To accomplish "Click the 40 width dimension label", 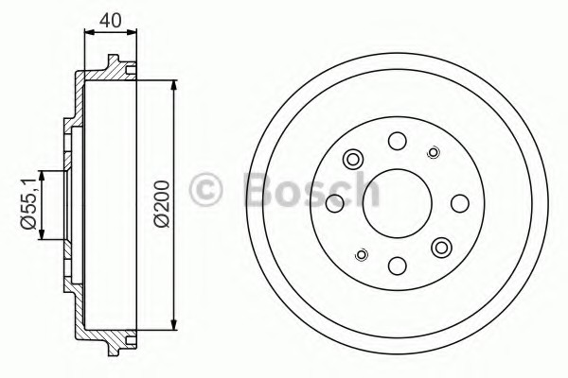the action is pos(111,20).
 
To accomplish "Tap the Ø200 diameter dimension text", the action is pos(162,204).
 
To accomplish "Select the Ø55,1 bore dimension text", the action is pos(29,205).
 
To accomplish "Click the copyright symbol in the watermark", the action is pos(205,190).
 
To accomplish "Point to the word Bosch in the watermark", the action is pos(312,190).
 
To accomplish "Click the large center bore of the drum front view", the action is pos(398,203).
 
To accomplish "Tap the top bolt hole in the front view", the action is pos(398,141).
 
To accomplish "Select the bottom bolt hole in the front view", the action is pos(398,266).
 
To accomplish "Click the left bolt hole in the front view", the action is pos(335,203).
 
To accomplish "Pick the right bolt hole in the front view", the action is pos(460,203).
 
